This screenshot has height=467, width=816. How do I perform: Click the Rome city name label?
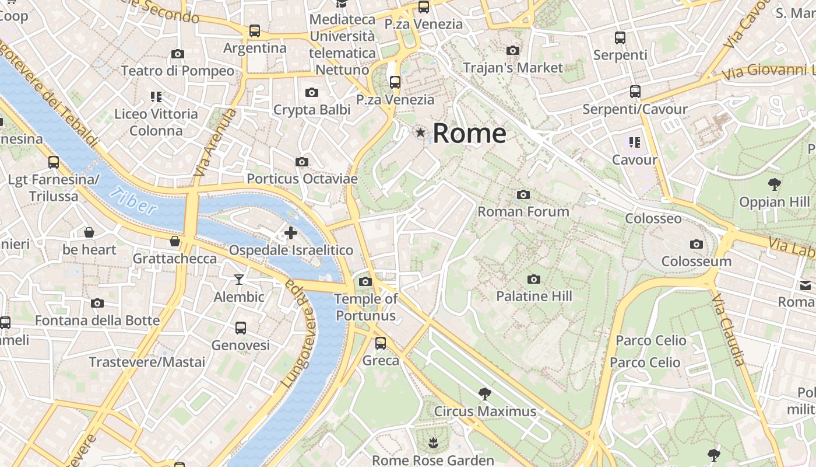[469, 133]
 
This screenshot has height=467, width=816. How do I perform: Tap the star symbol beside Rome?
[420, 133]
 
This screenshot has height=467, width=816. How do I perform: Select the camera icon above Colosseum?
[696, 244]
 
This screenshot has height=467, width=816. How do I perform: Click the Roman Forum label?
[523, 211]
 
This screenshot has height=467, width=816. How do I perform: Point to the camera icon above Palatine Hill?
[533, 279]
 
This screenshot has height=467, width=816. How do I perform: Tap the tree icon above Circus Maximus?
[484, 393]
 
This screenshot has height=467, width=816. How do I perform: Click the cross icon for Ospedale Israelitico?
[290, 233]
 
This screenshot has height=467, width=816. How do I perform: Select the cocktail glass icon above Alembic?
[239, 280]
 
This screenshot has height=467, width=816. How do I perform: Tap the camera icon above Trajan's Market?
[513, 51]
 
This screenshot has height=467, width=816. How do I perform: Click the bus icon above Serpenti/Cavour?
[635, 92]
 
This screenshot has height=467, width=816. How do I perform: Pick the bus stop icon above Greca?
[381, 343]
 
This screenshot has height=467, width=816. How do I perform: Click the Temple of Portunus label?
[365, 307]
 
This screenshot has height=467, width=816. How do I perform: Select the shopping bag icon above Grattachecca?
[174, 241]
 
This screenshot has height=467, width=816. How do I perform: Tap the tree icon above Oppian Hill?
[774, 185]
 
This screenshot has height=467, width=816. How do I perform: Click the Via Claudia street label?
[728, 330]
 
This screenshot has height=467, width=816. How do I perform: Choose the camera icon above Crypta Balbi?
[312, 92]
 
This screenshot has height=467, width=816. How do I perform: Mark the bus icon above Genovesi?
[241, 328]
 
